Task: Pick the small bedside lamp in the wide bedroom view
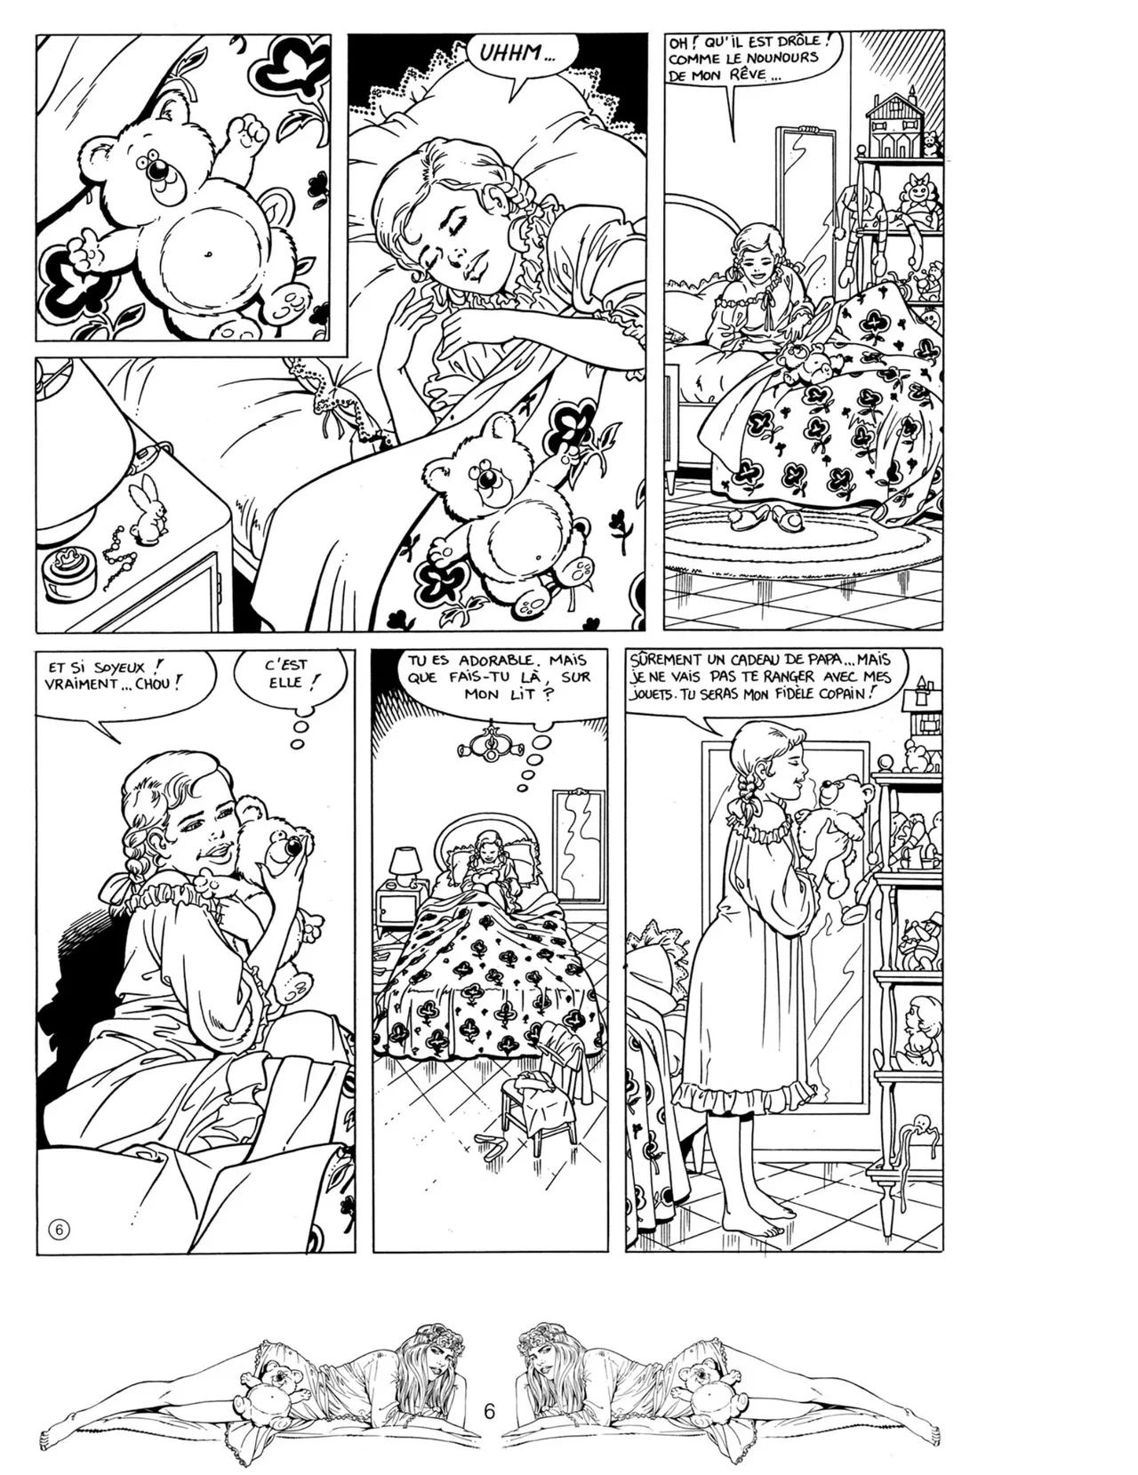coord(405,864)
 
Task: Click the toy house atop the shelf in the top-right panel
coord(892,124)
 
